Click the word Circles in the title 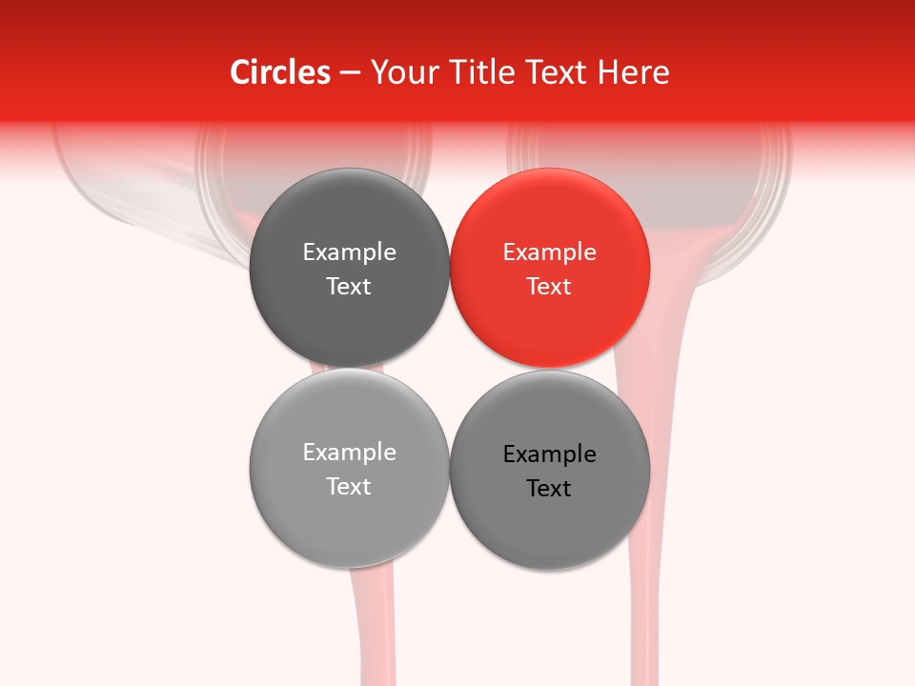(x=280, y=72)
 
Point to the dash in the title (x=350, y=73)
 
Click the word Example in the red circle (x=550, y=252)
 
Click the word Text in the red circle (x=550, y=287)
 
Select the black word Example (x=550, y=454)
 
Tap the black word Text (x=550, y=489)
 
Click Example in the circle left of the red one (x=349, y=252)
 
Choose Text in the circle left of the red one (x=349, y=287)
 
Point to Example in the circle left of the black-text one (x=349, y=453)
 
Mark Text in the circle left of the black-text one (x=349, y=487)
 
